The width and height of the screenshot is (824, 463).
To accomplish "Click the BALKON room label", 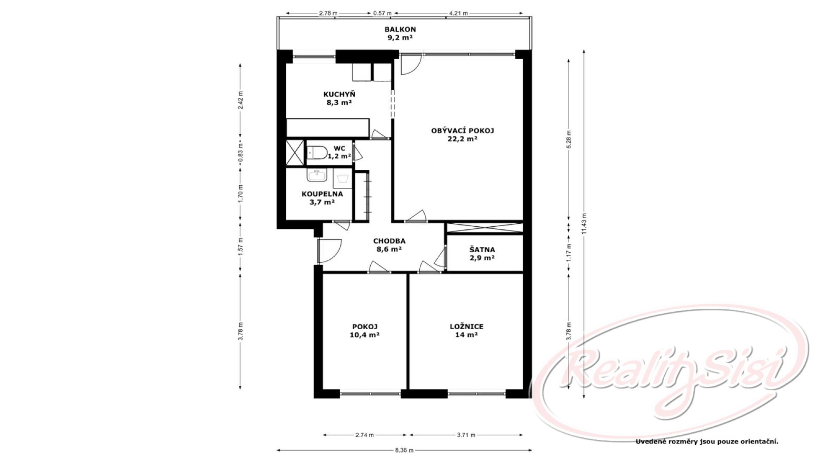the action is (400, 30).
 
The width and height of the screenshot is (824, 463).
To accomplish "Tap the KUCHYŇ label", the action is (339, 94).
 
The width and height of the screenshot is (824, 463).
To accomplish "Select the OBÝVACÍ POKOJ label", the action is (463, 131).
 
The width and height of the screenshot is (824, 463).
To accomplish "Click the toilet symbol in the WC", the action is (317, 153).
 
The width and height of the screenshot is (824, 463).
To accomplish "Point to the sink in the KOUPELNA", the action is (317, 175).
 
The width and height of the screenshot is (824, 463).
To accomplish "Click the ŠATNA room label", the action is (482, 250).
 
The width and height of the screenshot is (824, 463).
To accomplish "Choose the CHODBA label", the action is (389, 241).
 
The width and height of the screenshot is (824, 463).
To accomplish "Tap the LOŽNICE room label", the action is (467, 327).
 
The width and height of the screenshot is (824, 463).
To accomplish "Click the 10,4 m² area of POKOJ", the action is (364, 335).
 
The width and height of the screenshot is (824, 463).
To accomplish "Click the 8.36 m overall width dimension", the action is (404, 450).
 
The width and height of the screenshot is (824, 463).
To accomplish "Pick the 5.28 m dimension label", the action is (569, 139).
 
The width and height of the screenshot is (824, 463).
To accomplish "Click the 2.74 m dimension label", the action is (365, 435).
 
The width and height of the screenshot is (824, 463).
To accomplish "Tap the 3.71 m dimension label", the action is (466, 435).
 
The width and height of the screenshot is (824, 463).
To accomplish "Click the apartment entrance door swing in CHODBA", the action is (330, 251).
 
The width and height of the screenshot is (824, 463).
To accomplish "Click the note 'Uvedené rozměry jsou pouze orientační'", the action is (707, 441).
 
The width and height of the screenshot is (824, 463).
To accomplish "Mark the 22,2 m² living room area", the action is (463, 139).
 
